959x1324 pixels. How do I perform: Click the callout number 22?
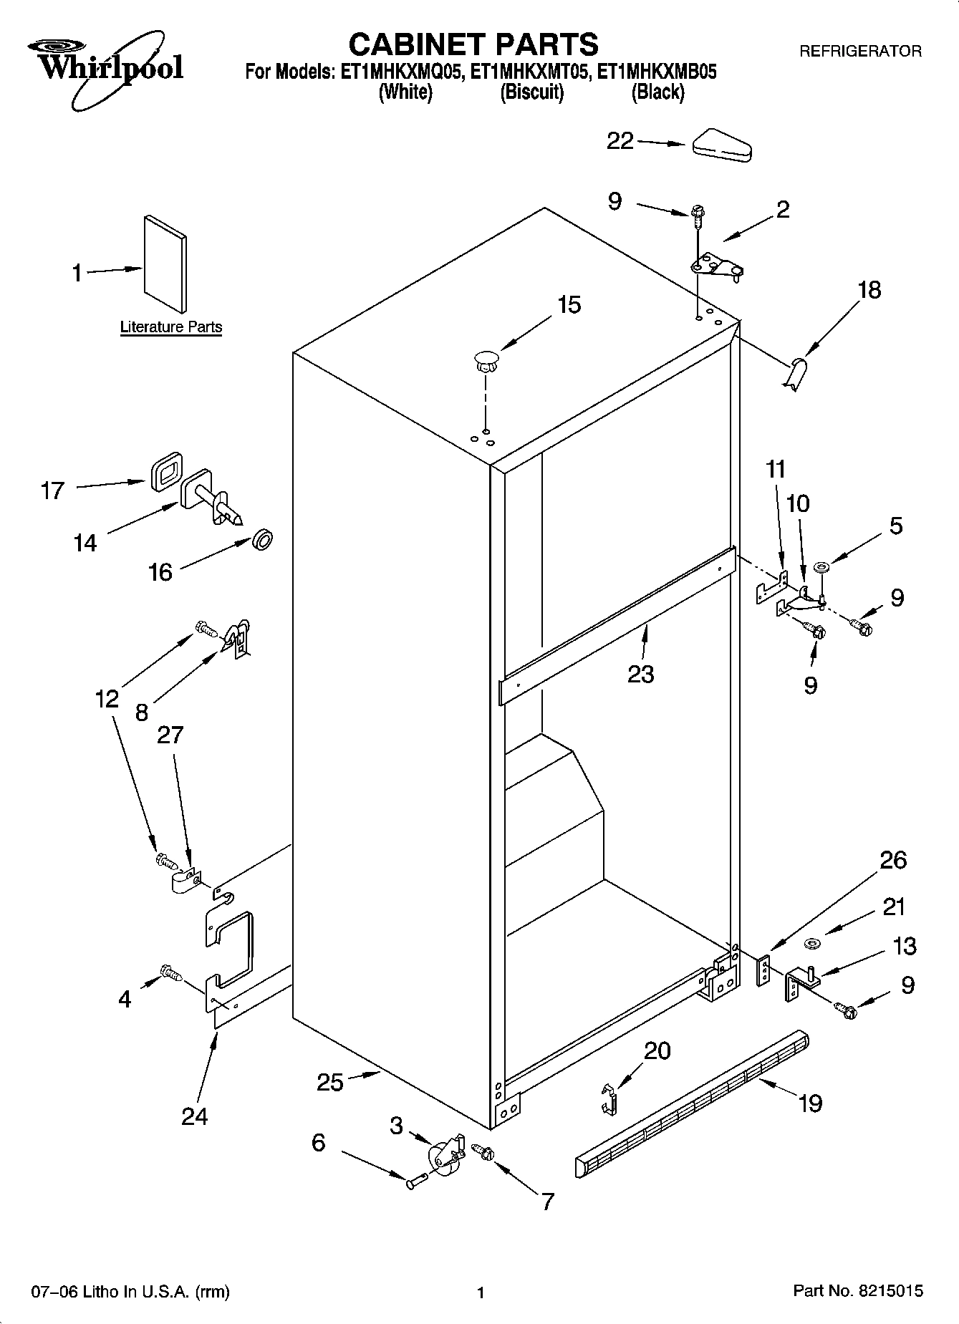[620, 141]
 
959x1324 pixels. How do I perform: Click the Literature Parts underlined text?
[170, 327]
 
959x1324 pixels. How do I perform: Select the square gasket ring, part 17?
[165, 471]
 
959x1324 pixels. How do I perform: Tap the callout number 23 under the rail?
[640, 674]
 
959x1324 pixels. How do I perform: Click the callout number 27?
[170, 735]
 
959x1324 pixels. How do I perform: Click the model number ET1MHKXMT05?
[530, 72]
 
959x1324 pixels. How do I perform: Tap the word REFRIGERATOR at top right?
[859, 51]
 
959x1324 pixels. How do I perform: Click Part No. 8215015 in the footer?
[857, 1291]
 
